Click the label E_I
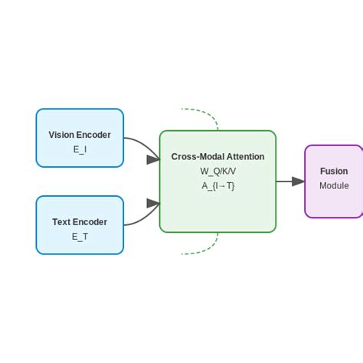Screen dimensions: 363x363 pos(80,149)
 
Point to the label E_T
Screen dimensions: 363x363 pos(80,237)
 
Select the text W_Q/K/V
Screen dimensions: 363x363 pos(217,171)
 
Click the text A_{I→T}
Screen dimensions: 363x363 pos(217,185)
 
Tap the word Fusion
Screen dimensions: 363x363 pos(334,172)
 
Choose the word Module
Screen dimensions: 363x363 pos(334,186)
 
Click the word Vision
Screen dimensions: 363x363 pos(61,135)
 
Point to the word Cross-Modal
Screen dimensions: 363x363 pos(195,156)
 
